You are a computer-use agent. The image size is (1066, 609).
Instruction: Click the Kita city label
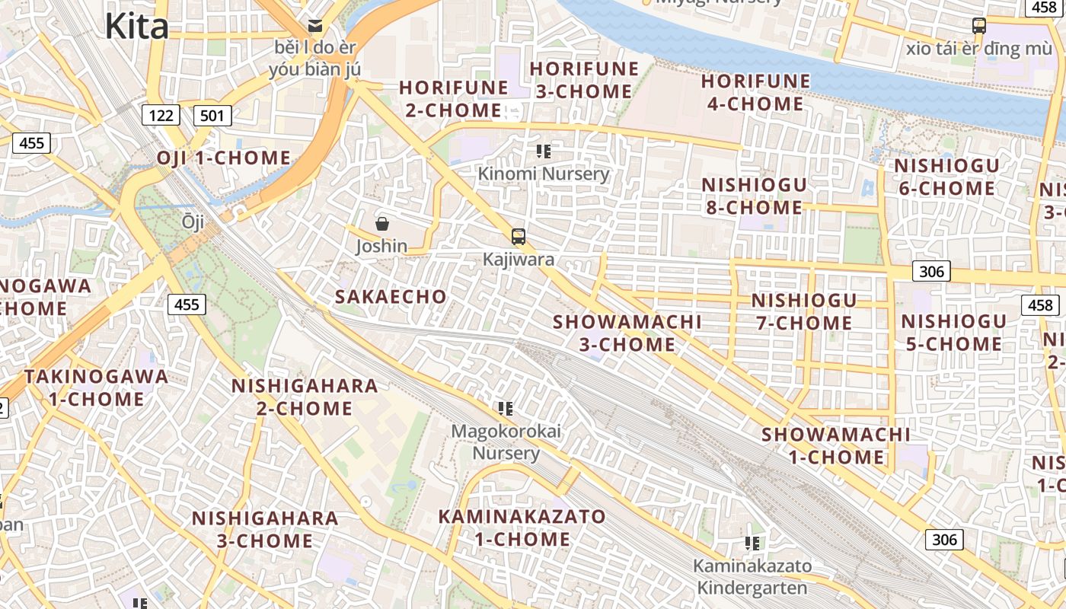point(136,26)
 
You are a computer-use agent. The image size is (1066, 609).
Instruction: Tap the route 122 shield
point(161,116)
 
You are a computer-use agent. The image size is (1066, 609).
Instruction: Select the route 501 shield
point(212,116)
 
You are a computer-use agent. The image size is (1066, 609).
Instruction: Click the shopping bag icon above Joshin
point(382,224)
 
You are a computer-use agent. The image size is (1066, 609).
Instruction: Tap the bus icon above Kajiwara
point(519,237)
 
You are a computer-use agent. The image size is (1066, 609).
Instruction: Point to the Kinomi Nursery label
point(544,174)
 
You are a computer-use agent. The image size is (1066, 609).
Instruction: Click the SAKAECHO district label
point(391,297)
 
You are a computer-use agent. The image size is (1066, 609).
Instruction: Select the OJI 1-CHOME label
point(224,158)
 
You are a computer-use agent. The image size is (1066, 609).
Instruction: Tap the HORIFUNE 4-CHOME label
point(755,92)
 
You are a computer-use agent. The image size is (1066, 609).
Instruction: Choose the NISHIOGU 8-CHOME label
point(753,196)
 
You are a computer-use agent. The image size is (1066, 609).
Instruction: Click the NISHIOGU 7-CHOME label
point(804,311)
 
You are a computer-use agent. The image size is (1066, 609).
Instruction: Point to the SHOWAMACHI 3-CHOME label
point(627,333)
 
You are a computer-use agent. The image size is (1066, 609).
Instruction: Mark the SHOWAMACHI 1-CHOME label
point(836,446)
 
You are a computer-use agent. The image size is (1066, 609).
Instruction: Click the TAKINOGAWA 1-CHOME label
point(96,387)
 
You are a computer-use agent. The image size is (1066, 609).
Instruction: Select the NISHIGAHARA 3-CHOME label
point(265,529)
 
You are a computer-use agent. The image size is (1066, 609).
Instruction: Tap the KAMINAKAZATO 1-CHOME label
point(522,528)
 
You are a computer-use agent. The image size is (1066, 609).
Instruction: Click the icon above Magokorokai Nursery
point(506,409)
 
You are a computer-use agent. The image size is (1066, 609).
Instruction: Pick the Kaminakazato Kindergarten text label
point(752,577)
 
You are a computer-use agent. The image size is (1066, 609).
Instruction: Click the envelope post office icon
point(314,26)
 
